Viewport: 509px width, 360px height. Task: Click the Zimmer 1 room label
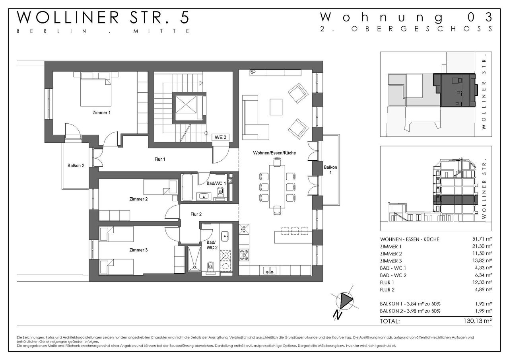coord(101,113)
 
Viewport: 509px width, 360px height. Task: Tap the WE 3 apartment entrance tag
coord(220,137)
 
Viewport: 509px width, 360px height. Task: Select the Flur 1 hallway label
coord(160,160)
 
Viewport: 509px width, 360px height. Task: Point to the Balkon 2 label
coord(76,165)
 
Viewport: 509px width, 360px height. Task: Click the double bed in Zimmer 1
coord(96,89)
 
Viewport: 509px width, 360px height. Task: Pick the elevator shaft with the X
coord(186,104)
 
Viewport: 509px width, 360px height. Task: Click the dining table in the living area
coord(277,187)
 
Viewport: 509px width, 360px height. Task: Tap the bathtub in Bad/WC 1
coord(187,187)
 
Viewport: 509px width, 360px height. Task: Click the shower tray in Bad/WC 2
coord(194,259)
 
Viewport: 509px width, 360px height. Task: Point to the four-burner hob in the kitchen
coord(244,255)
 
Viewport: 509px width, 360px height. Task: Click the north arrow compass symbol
coord(345,300)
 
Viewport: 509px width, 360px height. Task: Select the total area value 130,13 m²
coord(478,321)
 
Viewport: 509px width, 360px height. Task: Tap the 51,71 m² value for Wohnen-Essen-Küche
coord(481,239)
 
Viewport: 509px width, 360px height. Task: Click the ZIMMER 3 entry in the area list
coord(390,261)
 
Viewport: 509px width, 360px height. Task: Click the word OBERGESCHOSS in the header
coord(422,29)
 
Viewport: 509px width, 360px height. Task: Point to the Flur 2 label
coord(196,214)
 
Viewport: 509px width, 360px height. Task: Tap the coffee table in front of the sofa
coord(276,107)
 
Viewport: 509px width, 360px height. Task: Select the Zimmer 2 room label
coord(138,199)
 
